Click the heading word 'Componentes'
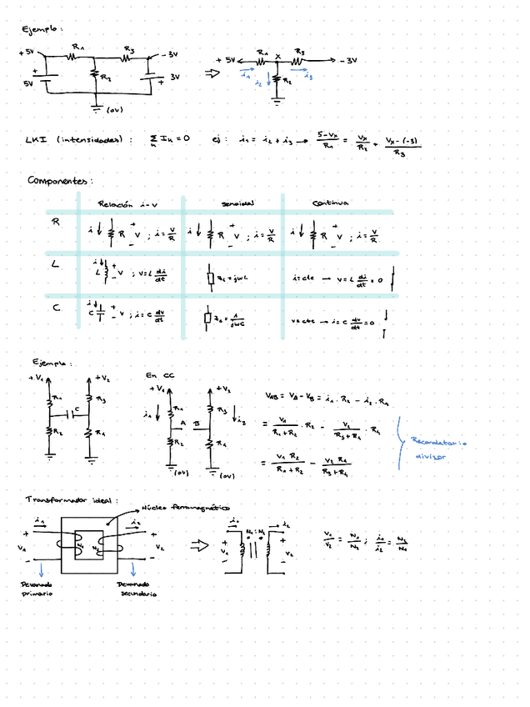point(58,180)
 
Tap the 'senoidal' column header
point(237,203)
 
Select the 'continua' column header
point(330,203)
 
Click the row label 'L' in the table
point(56,264)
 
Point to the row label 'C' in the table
point(55,308)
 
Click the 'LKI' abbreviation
point(36,140)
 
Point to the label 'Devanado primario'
point(36,589)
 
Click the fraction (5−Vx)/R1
point(329,139)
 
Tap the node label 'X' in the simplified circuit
point(277,57)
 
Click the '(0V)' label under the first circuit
point(114,109)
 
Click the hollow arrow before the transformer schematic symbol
point(200,546)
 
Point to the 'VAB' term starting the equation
point(274,395)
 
